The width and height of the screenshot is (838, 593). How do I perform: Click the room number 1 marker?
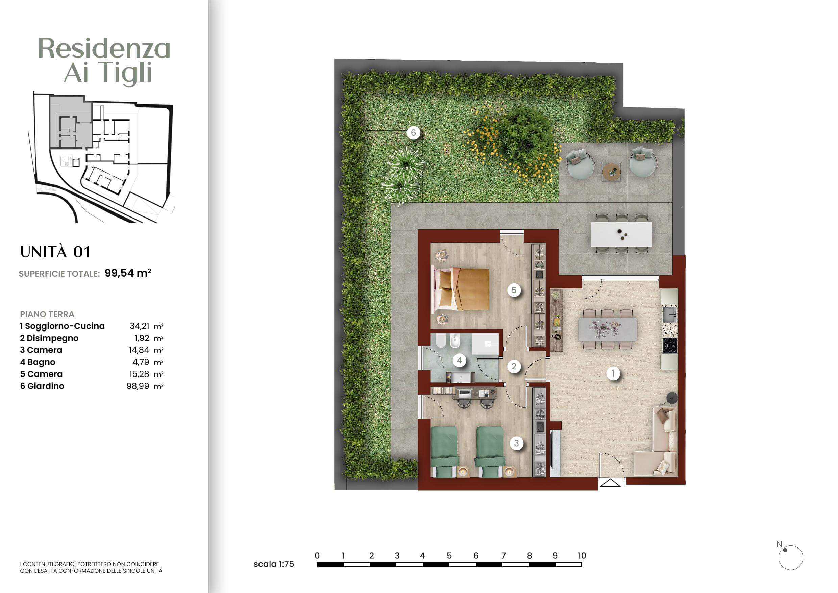(x=613, y=373)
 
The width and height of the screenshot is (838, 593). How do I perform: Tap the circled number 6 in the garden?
(x=413, y=133)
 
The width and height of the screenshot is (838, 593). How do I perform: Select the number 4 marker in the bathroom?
(x=459, y=361)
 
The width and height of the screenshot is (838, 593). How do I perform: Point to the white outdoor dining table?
(x=621, y=234)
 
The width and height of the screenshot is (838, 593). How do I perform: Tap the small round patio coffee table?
(x=612, y=172)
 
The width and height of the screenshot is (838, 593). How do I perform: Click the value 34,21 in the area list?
(x=140, y=326)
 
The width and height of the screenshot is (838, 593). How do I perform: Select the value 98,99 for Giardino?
(x=138, y=386)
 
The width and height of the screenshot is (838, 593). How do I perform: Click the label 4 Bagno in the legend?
(x=38, y=362)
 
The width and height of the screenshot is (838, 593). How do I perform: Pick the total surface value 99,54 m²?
(x=128, y=273)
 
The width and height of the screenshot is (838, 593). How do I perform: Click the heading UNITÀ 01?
(x=55, y=252)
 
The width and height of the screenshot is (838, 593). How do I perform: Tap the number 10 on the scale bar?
(x=582, y=556)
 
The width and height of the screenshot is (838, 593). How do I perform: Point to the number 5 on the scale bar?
(x=449, y=556)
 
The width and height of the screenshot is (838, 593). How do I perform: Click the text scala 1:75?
(x=274, y=564)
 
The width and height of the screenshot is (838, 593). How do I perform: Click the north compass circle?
(x=791, y=557)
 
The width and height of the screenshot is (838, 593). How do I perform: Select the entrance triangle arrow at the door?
(x=610, y=483)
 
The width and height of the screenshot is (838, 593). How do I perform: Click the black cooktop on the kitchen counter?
(x=670, y=346)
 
